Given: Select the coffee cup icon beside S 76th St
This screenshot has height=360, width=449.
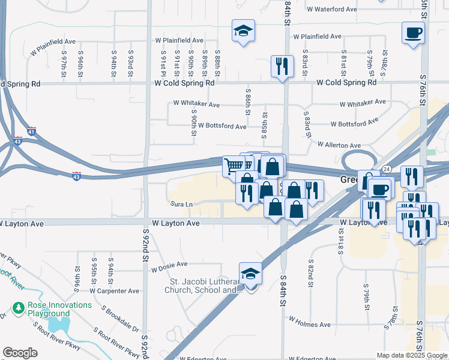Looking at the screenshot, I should point(412,33).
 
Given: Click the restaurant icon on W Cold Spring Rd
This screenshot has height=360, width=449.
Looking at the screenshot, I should point(282,65).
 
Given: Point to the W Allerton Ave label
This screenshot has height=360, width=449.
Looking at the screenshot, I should point(339,145).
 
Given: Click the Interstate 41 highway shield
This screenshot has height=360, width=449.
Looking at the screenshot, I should point(32,130).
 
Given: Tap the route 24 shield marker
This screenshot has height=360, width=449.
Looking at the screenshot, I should point(388,170).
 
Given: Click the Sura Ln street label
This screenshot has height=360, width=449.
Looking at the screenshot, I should point(181,205).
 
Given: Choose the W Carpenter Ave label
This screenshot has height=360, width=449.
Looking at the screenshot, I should point(115,291).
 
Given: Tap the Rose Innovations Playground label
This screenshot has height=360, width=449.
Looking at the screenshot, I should point(59,309).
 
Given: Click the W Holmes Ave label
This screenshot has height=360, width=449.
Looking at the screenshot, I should point(310,325).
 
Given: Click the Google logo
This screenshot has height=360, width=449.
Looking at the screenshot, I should point(20,353).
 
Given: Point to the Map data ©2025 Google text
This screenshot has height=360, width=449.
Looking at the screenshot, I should point(411,355).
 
